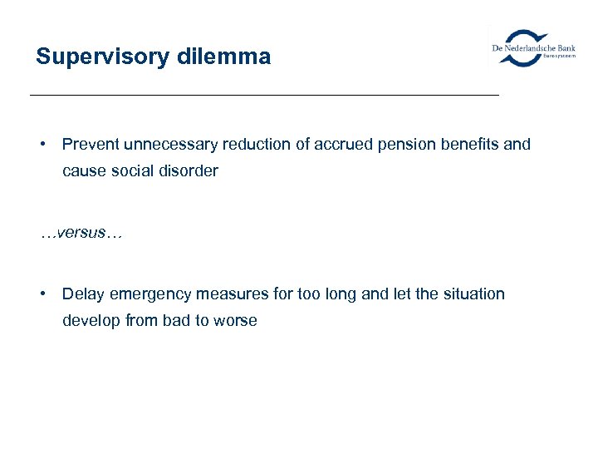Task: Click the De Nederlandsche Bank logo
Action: [532, 47]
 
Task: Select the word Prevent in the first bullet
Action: [91, 145]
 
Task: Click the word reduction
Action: [252, 145]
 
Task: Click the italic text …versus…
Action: [81, 233]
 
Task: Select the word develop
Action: [90, 321]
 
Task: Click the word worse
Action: [237, 321]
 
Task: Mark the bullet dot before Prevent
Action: [42, 145]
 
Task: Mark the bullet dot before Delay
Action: [42, 294]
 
